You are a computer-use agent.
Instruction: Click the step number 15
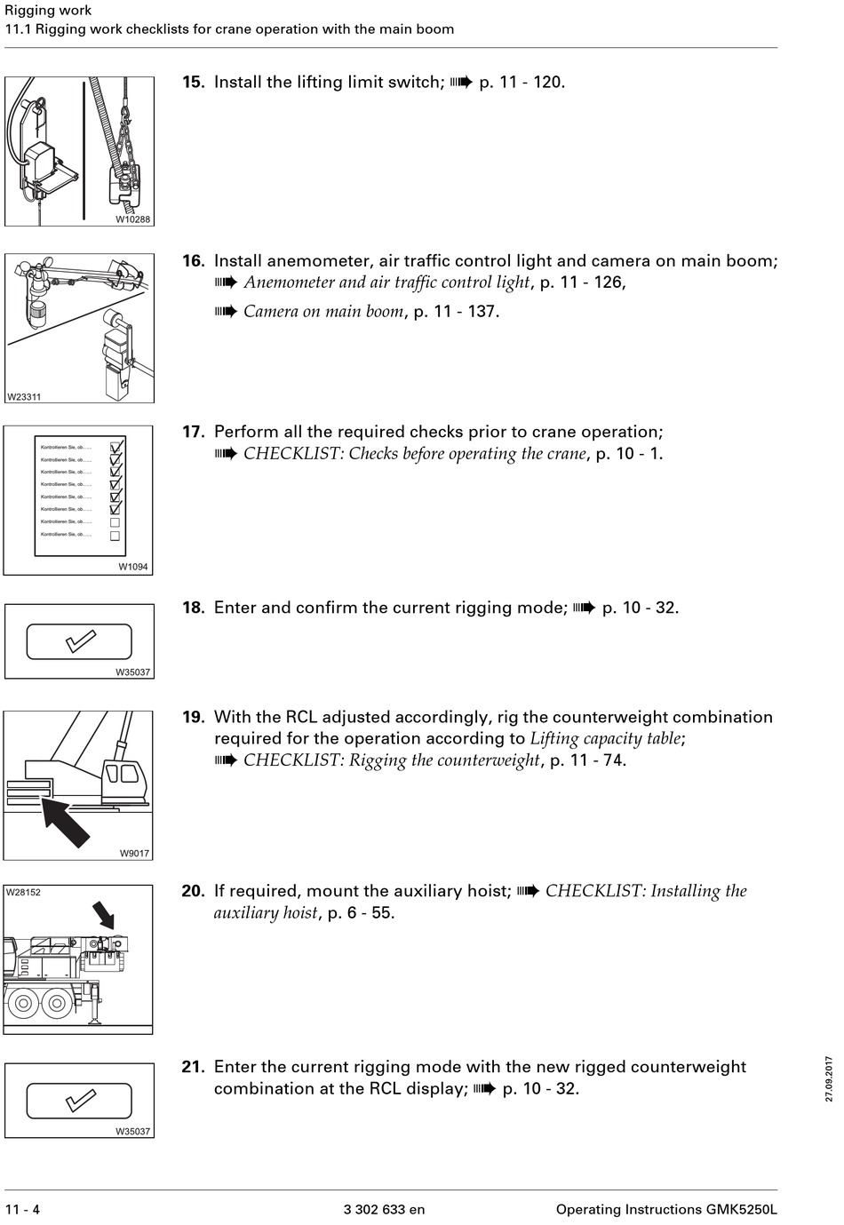[x=193, y=83]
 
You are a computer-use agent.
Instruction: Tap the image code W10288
[x=133, y=219]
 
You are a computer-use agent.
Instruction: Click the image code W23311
[x=24, y=397]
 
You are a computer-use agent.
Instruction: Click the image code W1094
[x=133, y=567]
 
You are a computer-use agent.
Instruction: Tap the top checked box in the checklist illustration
[x=115, y=447]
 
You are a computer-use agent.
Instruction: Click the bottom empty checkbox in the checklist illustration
[x=115, y=536]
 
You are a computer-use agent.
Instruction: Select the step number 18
[x=193, y=609]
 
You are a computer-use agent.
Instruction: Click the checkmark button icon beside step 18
[x=79, y=641]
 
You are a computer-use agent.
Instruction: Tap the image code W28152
[x=24, y=893]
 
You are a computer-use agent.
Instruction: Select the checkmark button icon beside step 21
[x=79, y=1101]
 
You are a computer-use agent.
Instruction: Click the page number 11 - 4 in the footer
[x=23, y=1209]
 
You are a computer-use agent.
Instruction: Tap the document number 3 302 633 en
[x=384, y=1209]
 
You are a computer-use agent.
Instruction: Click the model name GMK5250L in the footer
[x=742, y=1209]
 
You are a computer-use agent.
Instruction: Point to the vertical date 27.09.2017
[x=829, y=1078]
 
